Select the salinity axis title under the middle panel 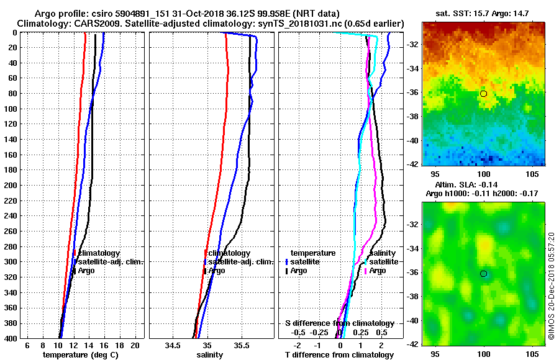210,354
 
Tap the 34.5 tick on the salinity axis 172,344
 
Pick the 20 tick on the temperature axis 134,344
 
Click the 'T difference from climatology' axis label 340,354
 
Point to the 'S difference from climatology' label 340,323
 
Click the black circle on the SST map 483,93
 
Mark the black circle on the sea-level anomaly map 483,274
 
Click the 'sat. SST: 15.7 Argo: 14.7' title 483,13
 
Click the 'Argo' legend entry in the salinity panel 217,271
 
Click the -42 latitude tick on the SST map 412,164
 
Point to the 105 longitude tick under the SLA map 532,353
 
